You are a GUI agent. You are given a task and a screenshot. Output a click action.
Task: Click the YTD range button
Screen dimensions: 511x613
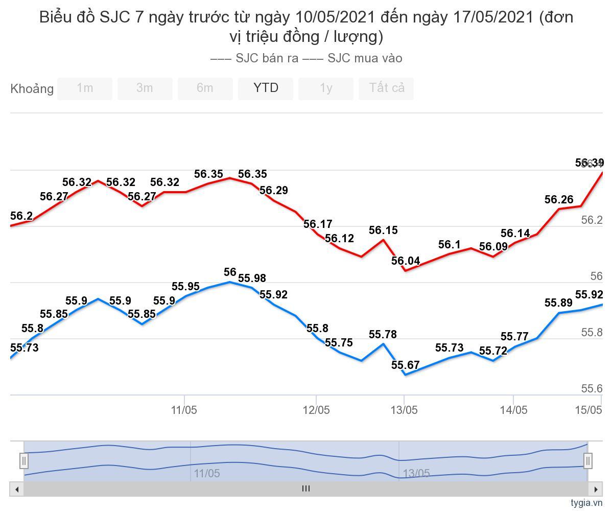pyautogui.click(x=266, y=88)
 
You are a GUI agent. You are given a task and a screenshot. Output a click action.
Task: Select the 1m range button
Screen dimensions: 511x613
pyautogui.click(x=85, y=88)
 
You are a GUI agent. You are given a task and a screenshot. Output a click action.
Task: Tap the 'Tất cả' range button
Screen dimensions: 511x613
pyautogui.click(x=386, y=88)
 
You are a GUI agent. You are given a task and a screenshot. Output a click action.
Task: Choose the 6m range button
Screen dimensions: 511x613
pyautogui.click(x=205, y=88)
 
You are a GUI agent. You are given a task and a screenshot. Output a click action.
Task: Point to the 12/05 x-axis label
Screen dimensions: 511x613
pyautogui.click(x=316, y=410)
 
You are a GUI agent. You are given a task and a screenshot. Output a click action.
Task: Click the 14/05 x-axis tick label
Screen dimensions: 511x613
pyautogui.click(x=513, y=410)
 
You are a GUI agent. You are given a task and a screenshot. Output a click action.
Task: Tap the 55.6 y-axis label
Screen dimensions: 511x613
pyautogui.click(x=592, y=389)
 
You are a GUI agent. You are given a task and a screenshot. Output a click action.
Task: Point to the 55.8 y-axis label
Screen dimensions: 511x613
pyautogui.click(x=592, y=333)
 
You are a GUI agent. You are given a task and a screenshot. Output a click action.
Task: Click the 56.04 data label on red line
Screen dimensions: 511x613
pyautogui.click(x=406, y=261)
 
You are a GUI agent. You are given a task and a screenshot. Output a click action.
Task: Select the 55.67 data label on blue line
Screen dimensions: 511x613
pyautogui.click(x=406, y=365)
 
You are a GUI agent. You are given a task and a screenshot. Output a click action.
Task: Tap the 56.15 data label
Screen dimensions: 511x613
pyautogui.click(x=383, y=230)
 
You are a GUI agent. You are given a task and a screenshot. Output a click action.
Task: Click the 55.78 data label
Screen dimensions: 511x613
pyautogui.click(x=383, y=335)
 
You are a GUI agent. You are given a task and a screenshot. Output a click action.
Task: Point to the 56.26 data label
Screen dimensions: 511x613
pyautogui.click(x=559, y=200)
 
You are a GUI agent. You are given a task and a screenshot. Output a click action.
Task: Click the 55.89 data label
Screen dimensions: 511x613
pyautogui.click(x=559, y=303)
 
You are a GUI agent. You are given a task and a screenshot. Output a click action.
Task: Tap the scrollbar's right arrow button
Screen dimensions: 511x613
pyautogui.click(x=596, y=489)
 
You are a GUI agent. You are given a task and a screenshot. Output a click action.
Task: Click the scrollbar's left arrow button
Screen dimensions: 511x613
pyautogui.click(x=17, y=489)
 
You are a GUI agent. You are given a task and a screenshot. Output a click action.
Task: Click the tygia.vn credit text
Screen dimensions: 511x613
pyautogui.click(x=587, y=503)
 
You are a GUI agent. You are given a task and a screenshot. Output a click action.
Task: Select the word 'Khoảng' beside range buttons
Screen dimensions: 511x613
pyautogui.click(x=32, y=89)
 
